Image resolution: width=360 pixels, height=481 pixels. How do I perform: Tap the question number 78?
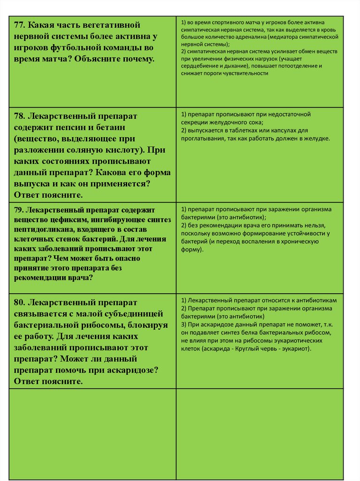click(x=21, y=116)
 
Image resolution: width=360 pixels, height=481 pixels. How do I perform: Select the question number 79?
click(x=20, y=210)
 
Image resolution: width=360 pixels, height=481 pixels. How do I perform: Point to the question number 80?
click(x=21, y=302)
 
